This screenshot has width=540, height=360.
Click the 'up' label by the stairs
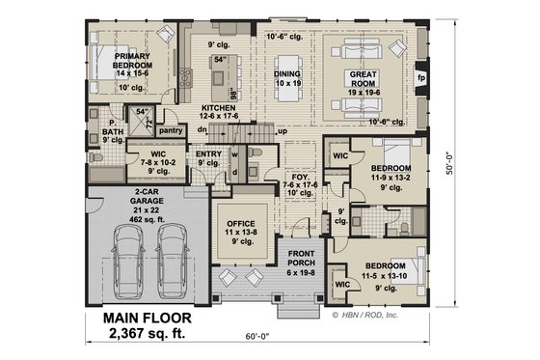point(282,130)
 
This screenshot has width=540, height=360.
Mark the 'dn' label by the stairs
point(203,129)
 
